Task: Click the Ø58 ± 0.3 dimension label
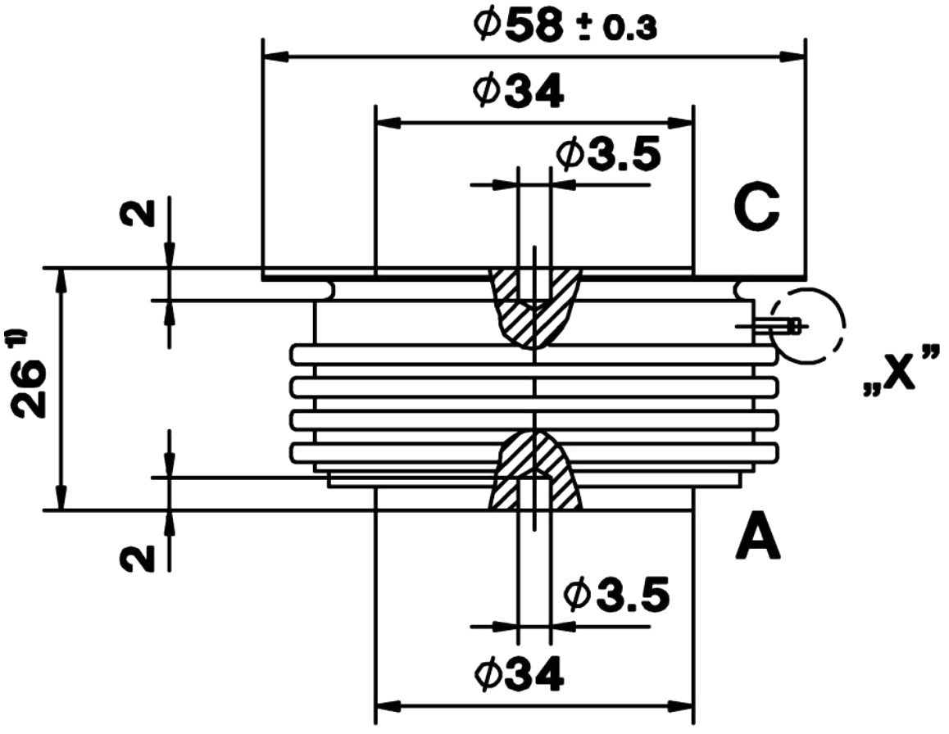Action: [565, 27]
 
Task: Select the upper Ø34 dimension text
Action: [519, 92]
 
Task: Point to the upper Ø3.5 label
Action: [609, 153]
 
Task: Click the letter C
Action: [756, 207]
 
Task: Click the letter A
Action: [758, 536]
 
